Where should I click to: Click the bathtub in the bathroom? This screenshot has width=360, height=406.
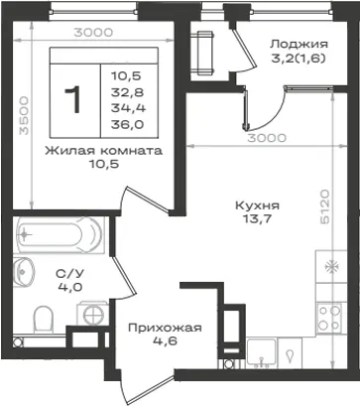pyautogui.click(x=60, y=234)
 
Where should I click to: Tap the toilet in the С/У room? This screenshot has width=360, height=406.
pyautogui.click(x=44, y=319)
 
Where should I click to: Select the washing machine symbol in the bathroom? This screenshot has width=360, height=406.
pyautogui.click(x=93, y=313)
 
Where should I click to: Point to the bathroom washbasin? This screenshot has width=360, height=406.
pyautogui.click(x=24, y=272)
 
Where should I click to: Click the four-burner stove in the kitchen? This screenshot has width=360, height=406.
pyautogui.click(x=329, y=318)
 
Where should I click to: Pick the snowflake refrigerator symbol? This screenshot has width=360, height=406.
pyautogui.click(x=331, y=266)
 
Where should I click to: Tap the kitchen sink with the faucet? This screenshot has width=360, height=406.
pyautogui.click(x=261, y=352)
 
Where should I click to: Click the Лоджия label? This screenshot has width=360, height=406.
pyautogui.click(x=300, y=44)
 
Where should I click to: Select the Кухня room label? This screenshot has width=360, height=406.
pyautogui.click(x=257, y=205)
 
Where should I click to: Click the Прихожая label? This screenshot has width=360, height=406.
pyautogui.click(x=165, y=328)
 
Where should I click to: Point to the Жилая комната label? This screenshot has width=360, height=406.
pyautogui.click(x=104, y=151)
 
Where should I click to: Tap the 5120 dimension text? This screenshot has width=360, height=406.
pyautogui.click(x=325, y=207)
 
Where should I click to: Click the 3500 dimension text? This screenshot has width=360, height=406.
pyautogui.click(x=24, y=115)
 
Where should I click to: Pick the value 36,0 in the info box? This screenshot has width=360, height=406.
pyautogui.click(x=127, y=124)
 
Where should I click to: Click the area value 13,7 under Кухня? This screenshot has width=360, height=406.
pyautogui.click(x=257, y=219)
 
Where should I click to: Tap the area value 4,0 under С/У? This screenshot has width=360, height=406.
pyautogui.click(x=70, y=287)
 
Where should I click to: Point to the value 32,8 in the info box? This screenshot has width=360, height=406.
pyautogui.click(x=127, y=92)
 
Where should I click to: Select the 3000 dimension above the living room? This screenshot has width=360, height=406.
pyautogui.click(x=93, y=33)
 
